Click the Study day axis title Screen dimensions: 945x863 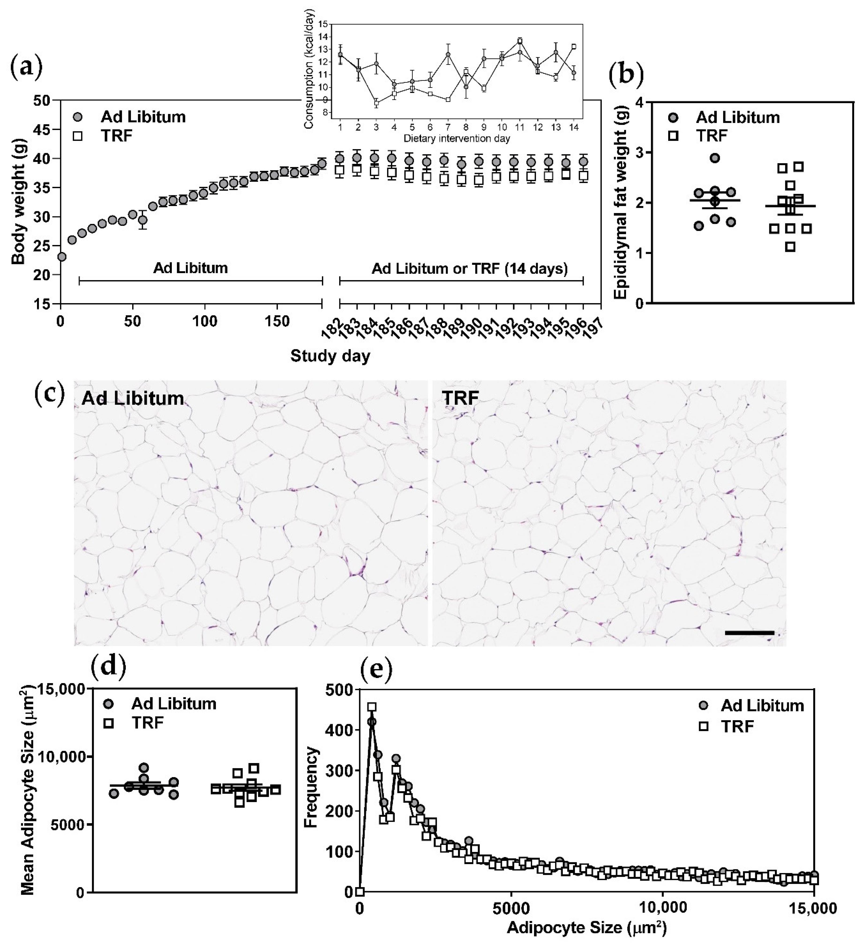[x=330, y=356]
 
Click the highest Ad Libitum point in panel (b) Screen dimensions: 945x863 [x=714, y=158]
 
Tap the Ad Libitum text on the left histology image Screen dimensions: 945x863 [x=133, y=399]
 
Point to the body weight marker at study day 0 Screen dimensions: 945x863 [x=61, y=257]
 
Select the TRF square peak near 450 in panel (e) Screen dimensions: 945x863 [x=372, y=707]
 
